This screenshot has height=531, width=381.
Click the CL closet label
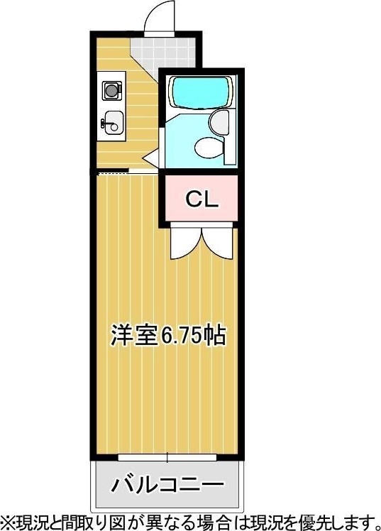[201, 199]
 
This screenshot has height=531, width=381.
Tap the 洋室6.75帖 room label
[168, 335]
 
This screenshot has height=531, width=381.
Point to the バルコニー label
[168, 485]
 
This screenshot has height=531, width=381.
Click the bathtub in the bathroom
[201, 92]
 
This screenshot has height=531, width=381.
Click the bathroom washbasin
[219, 122]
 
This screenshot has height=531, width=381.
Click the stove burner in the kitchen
[111, 90]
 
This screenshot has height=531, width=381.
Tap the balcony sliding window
[167, 457]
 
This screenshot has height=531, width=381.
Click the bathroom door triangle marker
[151, 158]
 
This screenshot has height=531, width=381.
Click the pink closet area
[201, 199]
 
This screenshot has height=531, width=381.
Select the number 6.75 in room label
[182, 336]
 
